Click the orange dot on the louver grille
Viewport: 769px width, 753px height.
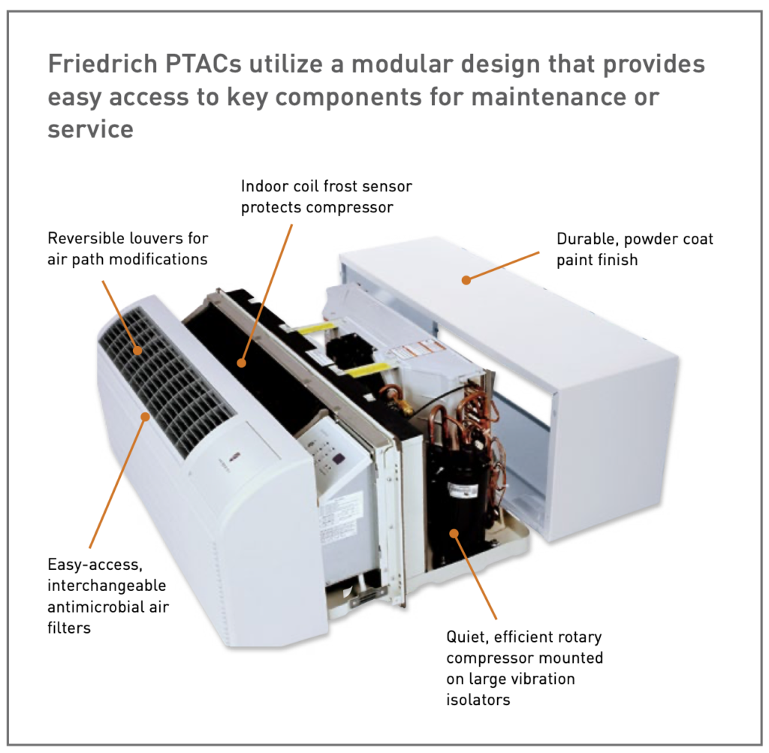(137, 349)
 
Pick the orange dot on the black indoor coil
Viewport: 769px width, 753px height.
(241, 363)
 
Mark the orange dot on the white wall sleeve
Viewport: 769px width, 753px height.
(466, 280)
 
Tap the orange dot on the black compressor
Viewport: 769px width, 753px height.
(454, 532)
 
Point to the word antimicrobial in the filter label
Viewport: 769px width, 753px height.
(95, 607)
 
